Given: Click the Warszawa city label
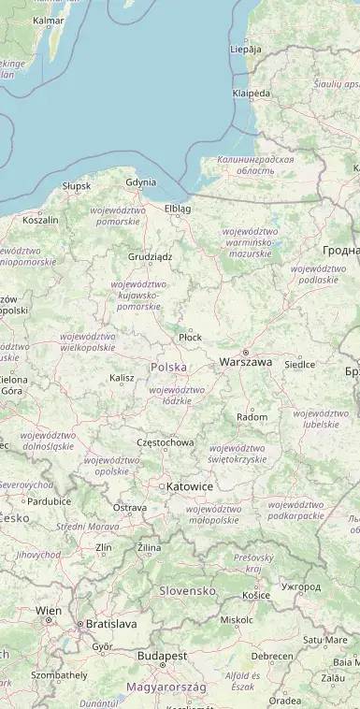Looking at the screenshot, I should (x=245, y=361).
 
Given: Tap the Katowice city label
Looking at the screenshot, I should (x=189, y=486).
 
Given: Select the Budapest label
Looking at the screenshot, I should (x=162, y=656).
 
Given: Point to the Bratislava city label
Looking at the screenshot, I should (x=110, y=623).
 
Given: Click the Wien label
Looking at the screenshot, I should (x=49, y=610).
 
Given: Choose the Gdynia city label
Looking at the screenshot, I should (x=140, y=182).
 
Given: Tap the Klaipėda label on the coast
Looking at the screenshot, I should (x=252, y=94).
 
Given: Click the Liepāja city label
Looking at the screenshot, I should (x=246, y=49).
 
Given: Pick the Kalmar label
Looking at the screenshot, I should (x=49, y=20).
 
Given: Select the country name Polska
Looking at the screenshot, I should (x=168, y=368).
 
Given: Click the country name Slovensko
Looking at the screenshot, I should (x=187, y=590).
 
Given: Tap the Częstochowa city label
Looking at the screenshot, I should (x=166, y=442).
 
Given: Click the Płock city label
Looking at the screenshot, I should (x=190, y=337).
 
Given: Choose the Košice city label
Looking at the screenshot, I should (x=255, y=595).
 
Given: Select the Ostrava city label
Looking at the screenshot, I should (x=130, y=507).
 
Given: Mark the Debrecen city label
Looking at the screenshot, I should (x=272, y=656).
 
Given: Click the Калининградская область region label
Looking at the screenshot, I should (x=255, y=166).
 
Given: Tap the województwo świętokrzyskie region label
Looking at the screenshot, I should (x=238, y=454).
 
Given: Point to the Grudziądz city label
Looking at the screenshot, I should (x=151, y=256).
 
